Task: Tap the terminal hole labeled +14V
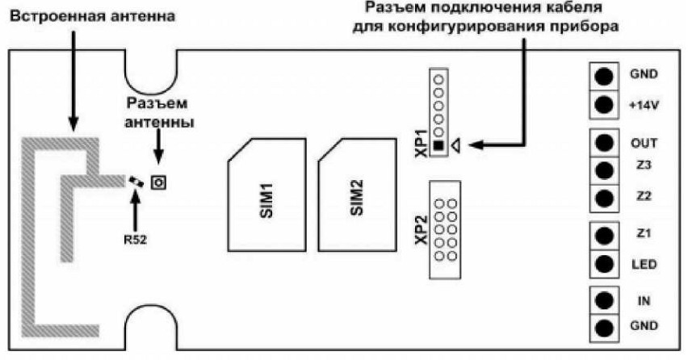(602, 104)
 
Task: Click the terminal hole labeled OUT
(602, 143)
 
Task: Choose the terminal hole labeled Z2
(602, 197)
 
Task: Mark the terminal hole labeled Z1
(602, 235)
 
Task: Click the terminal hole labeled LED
(602, 263)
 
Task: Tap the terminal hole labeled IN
(602, 301)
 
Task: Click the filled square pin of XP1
(438, 146)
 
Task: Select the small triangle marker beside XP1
(456, 147)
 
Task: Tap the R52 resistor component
(136, 182)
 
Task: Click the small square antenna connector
(158, 183)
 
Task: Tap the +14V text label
(644, 105)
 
